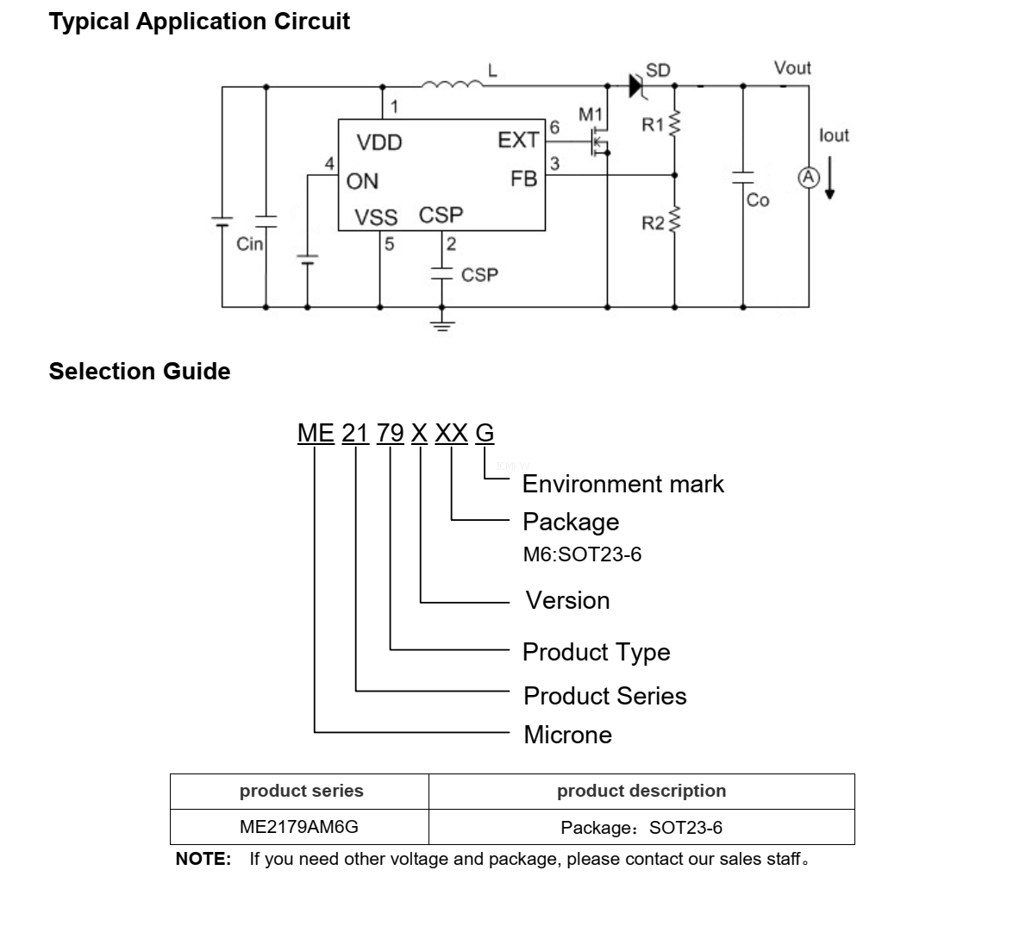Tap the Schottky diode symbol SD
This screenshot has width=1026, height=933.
637,85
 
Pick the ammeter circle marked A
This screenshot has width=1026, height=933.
808,177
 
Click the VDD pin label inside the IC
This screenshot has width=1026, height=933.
379,142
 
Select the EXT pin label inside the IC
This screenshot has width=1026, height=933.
517,140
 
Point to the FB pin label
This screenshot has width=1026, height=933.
523,178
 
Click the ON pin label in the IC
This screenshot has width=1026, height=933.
362,181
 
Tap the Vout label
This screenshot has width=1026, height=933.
791,68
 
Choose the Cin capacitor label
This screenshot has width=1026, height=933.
249,244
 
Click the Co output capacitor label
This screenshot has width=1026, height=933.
758,200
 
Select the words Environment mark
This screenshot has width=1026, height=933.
622,484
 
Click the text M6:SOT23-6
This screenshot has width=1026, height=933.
582,554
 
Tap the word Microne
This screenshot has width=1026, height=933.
567,735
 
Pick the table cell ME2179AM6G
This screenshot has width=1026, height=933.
298,827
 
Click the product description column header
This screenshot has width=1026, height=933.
641,791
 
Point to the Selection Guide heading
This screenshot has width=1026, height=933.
140,372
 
